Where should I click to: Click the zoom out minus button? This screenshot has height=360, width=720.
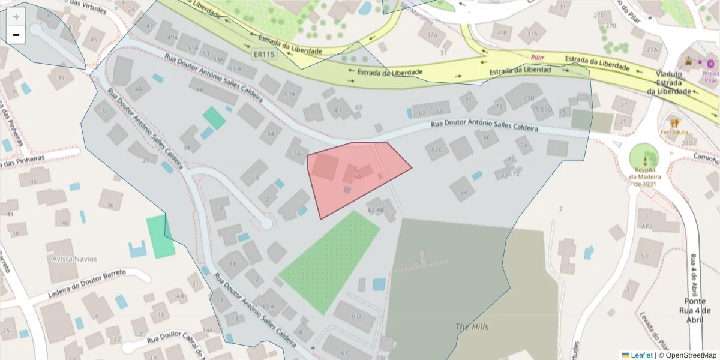(16, 35)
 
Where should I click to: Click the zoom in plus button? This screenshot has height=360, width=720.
(16, 17)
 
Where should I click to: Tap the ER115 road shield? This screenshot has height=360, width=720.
(263, 55)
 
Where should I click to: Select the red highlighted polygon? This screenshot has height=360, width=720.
(354, 177)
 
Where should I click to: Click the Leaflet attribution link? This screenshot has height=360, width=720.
(641, 355)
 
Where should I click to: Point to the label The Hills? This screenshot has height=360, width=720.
(472, 327)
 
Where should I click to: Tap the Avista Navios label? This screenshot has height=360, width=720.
(74, 259)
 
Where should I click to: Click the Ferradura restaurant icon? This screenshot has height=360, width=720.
(674, 122)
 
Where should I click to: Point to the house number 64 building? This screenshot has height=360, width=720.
(463, 193)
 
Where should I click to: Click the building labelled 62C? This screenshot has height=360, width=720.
(436, 149)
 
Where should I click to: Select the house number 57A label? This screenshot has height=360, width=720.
(290, 94)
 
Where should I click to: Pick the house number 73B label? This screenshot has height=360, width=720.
(529, 98)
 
